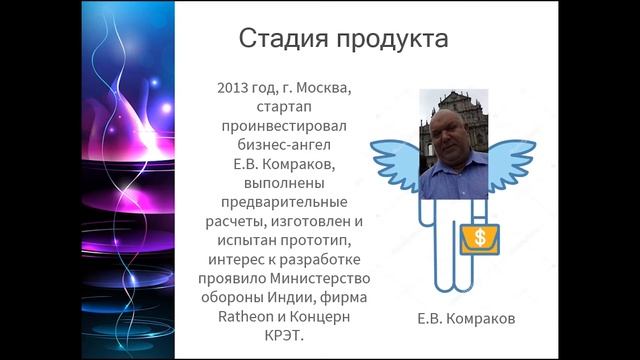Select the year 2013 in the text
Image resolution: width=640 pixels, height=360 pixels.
pyautogui.click(x=232, y=87)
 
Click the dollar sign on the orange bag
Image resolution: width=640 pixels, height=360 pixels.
pyautogui.click(x=480, y=238)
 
